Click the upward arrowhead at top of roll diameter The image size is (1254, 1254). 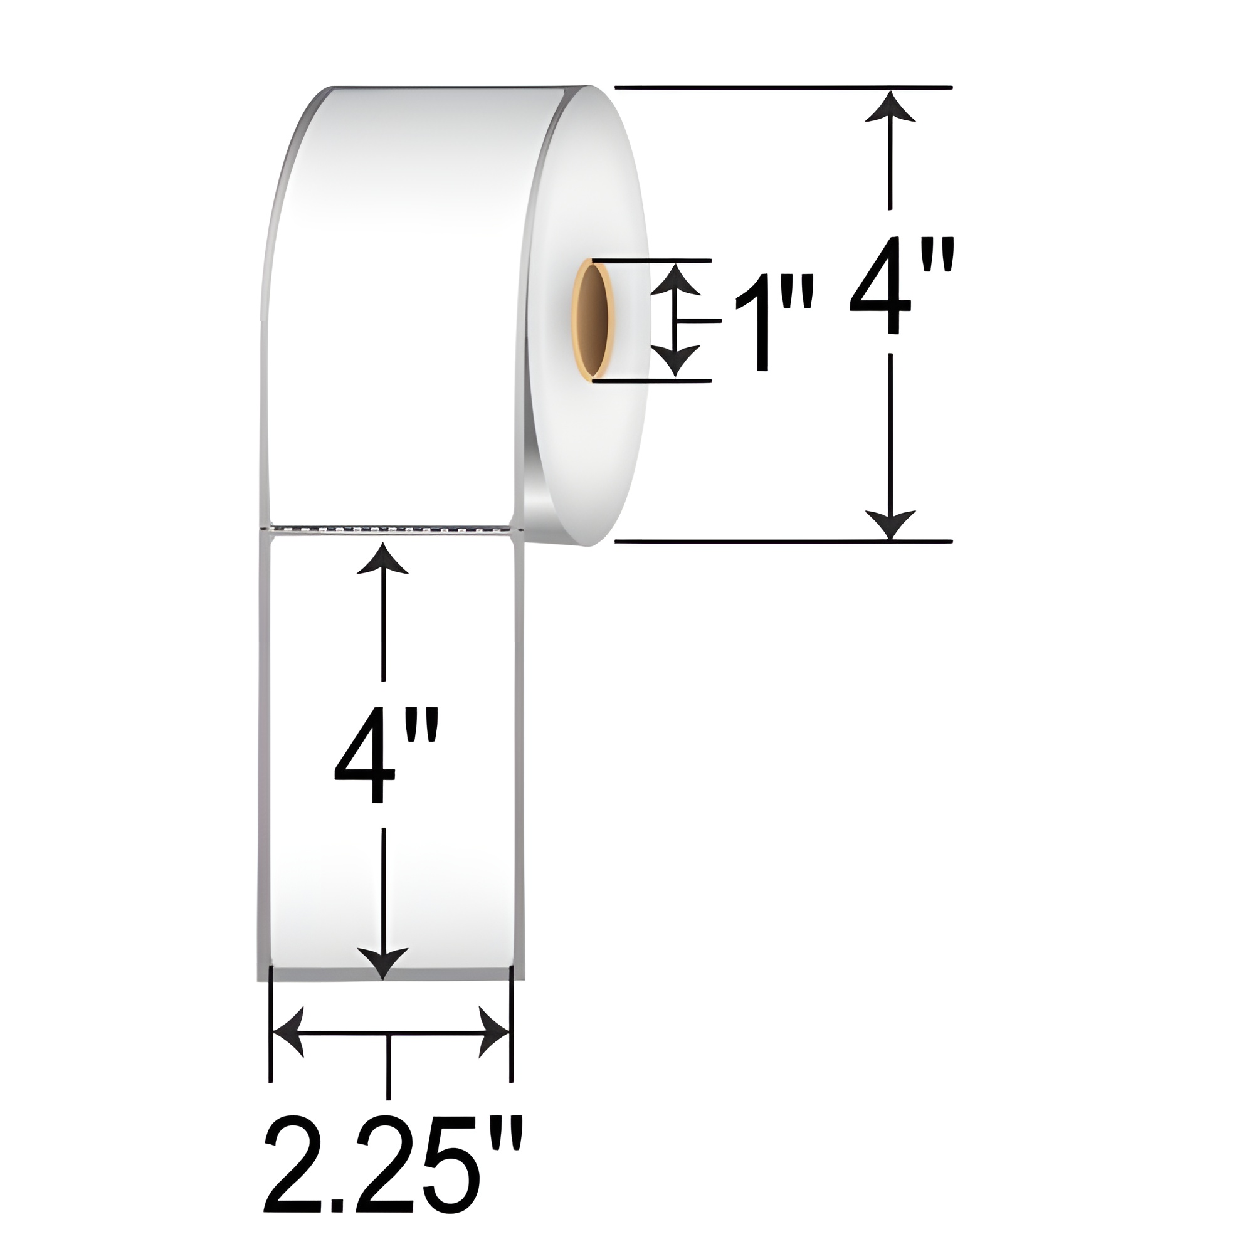[x=890, y=107]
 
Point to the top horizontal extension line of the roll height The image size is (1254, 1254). [x=779, y=87]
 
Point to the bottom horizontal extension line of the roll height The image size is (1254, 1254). [x=779, y=540]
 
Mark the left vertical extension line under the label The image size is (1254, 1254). [x=270, y=1038]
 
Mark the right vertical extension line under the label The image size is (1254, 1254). [x=512, y=1038]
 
